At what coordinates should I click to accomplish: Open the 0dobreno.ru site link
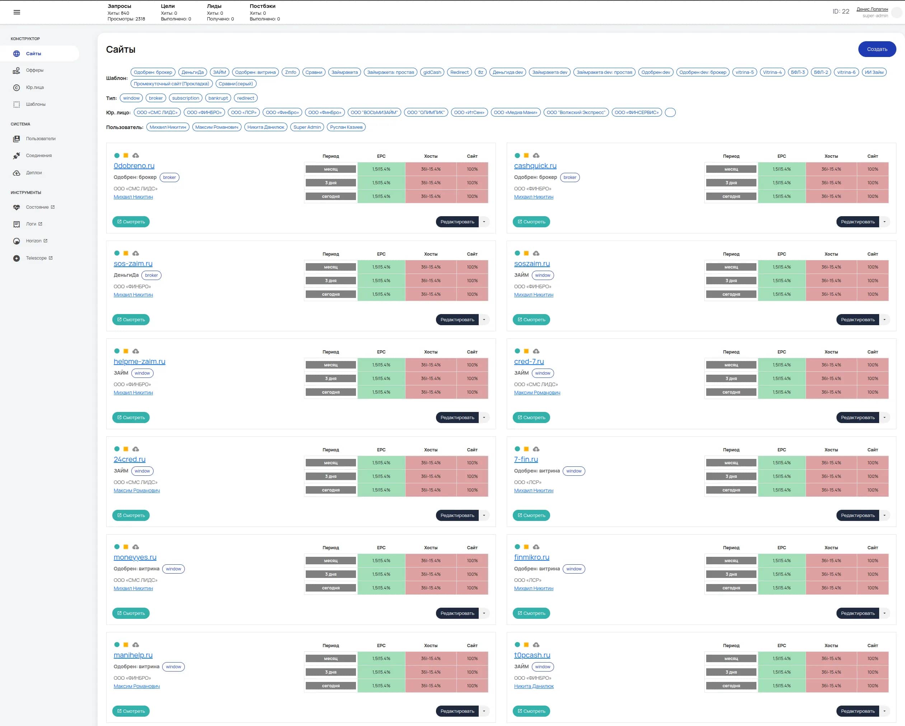tap(134, 166)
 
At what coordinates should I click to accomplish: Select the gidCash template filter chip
tap(432, 72)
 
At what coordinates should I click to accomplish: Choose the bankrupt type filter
tap(218, 98)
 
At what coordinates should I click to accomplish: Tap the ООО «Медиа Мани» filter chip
tap(515, 113)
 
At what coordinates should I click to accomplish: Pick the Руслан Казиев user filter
tap(346, 127)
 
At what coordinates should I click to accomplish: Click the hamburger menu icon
tap(17, 12)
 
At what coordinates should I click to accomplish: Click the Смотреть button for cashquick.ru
tap(531, 222)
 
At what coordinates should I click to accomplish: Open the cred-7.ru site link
tap(529, 361)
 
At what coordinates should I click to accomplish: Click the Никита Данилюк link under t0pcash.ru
tap(534, 687)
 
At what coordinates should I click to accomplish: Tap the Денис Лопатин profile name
tap(872, 9)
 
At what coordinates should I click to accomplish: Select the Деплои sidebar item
tap(34, 173)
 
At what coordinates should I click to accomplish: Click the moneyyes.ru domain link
tap(135, 557)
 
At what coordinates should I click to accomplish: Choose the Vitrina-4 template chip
tap(772, 72)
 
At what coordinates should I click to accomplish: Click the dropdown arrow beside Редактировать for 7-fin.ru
tap(885, 516)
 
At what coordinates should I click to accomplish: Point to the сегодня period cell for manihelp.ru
tap(330, 686)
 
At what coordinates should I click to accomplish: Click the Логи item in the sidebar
tap(31, 224)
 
